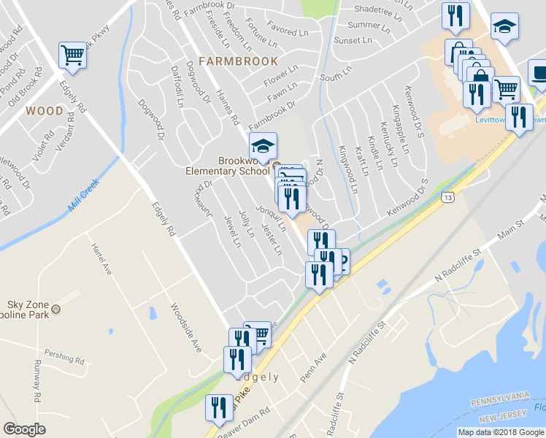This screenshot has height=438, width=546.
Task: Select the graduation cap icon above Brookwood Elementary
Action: [264, 145]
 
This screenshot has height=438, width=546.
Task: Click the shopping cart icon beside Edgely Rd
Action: [73, 55]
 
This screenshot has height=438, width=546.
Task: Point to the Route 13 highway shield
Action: [447, 197]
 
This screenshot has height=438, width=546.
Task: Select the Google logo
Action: [25, 429]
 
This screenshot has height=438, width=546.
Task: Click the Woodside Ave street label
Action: [185, 328]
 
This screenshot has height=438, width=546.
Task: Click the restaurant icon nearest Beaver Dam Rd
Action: [218, 409]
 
